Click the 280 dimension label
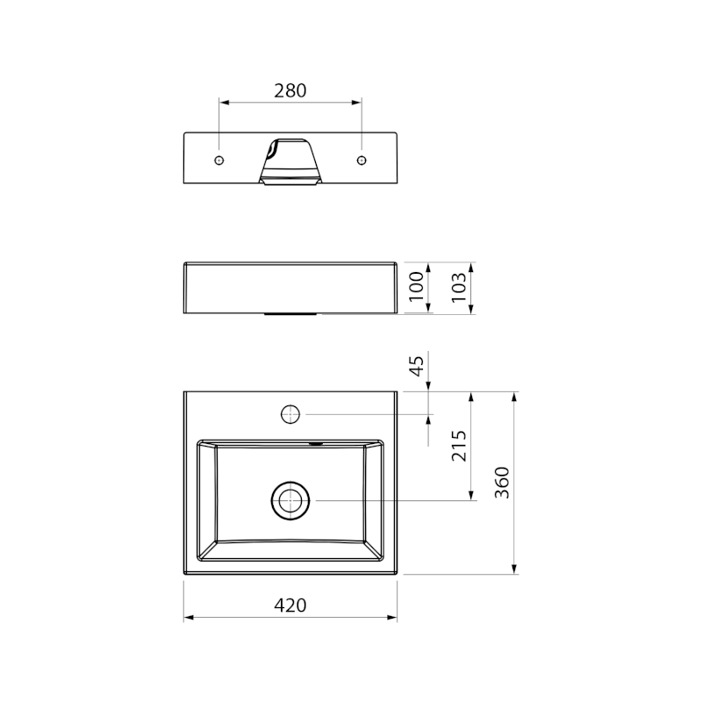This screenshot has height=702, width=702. (290, 91)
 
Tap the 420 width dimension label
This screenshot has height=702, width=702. (290, 605)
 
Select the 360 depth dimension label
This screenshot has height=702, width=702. (502, 483)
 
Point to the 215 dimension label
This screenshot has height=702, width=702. (459, 446)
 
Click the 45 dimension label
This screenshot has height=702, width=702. (417, 366)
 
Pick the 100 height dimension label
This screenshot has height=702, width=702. (416, 287)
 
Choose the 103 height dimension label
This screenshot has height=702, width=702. (459, 287)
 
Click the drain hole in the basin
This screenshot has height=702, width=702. (290, 500)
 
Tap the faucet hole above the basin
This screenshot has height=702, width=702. (290, 414)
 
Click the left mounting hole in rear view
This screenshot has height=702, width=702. (218, 161)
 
